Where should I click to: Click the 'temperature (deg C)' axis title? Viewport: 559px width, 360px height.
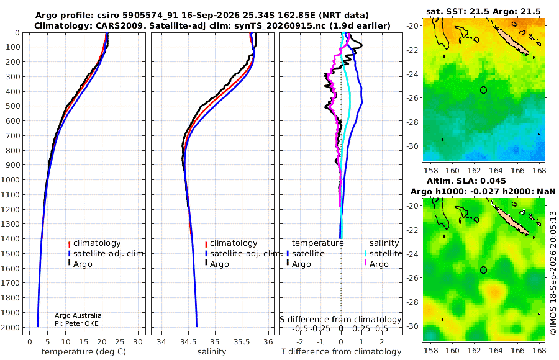[84, 351]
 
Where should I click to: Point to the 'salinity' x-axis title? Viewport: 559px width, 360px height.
[212, 351]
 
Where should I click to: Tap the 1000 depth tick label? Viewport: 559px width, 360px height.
[10, 179]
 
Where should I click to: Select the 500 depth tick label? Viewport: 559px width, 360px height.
[12, 106]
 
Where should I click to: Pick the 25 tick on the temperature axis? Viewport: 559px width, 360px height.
[120, 341]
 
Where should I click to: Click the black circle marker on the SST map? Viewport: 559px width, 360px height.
[483, 90]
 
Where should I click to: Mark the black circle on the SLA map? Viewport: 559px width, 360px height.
[483, 270]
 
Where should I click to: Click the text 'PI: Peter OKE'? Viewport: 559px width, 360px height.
[76, 323]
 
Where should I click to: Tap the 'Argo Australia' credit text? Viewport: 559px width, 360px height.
[78, 315]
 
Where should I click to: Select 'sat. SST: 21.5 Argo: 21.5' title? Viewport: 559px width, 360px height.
[483, 11]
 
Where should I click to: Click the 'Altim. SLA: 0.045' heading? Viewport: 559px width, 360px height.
[466, 181]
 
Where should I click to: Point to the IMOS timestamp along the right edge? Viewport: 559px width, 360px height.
[553, 272]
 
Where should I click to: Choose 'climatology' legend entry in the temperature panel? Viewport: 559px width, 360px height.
[94, 243]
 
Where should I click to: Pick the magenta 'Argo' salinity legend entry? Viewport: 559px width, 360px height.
[376, 264]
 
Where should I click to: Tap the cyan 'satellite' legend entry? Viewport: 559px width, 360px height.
[383, 253]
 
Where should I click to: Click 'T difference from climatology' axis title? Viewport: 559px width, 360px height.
[341, 351]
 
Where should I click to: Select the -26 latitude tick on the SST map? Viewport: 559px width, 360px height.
[413, 97]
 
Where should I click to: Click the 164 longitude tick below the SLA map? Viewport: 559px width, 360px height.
[496, 350]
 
